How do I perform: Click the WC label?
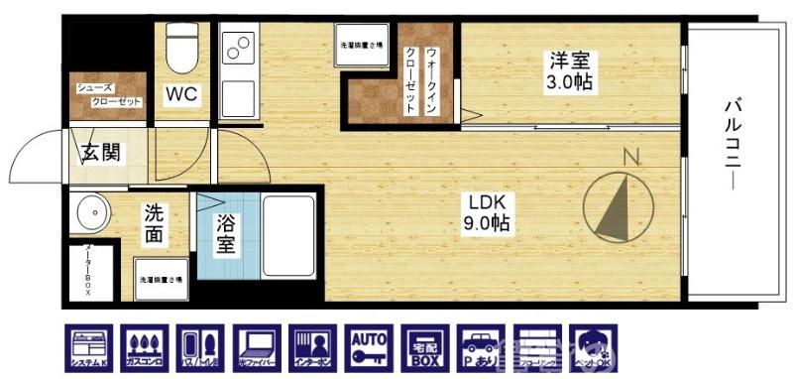[x=181, y=96]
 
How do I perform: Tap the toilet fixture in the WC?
[x=182, y=49]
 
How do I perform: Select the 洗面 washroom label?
[x=155, y=224]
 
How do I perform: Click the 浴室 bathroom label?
[x=226, y=232]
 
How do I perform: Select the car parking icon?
[x=481, y=348]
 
